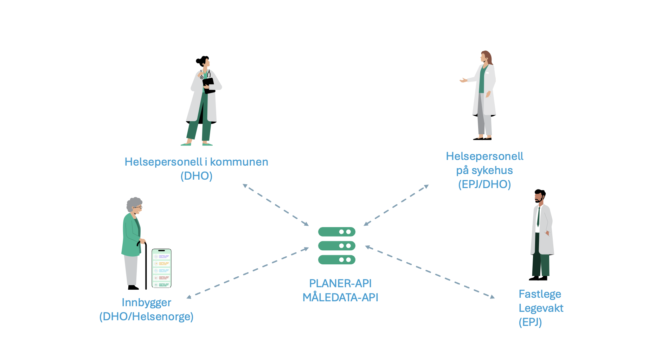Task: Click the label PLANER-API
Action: pyautogui.click(x=340, y=283)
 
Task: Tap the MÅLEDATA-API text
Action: pyautogui.click(x=340, y=297)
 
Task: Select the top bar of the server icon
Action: pyautogui.click(x=336, y=232)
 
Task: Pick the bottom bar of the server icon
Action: pyautogui.click(x=336, y=260)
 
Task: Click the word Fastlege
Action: pyautogui.click(x=540, y=294)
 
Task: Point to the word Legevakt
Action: pyautogui.click(x=541, y=308)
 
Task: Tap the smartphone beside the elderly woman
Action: pyautogui.click(x=161, y=268)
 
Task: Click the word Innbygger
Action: pyautogui.click(x=146, y=302)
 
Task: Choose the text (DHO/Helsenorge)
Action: pyautogui.click(x=146, y=316)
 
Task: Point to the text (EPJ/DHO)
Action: pyautogui.click(x=484, y=184)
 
